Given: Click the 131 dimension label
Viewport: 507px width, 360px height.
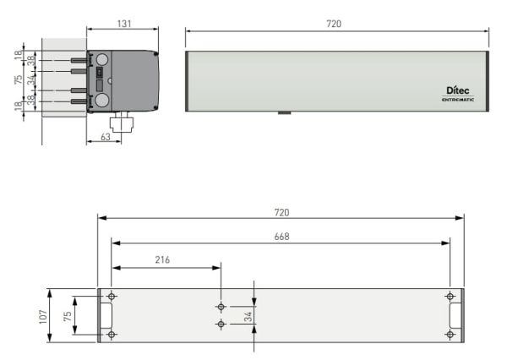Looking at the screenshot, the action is [x=124, y=24].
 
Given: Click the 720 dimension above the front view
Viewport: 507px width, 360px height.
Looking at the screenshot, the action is [x=334, y=24].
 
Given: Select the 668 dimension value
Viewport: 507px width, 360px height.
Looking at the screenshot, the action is [x=281, y=237].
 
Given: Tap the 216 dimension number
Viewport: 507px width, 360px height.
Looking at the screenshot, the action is [x=162, y=259].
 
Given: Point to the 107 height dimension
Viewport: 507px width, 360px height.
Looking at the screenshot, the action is [x=43, y=317].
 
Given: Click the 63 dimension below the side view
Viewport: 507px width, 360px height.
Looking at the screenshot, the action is [x=106, y=137].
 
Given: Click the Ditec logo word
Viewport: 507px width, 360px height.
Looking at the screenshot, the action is [x=457, y=90].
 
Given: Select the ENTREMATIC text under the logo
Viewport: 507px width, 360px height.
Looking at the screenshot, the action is [x=458, y=100].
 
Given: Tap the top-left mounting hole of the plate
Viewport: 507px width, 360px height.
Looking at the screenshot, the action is [x=112, y=297].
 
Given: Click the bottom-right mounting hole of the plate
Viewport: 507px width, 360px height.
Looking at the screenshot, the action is [x=450, y=335].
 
